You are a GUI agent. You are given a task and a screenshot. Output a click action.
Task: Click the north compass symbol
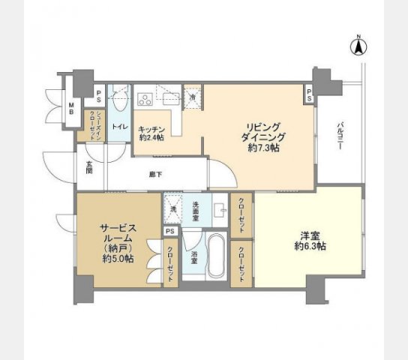(358, 46)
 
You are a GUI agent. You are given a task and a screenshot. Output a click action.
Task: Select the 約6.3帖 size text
(309, 247)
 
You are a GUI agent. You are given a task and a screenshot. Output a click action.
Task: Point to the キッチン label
(152, 128)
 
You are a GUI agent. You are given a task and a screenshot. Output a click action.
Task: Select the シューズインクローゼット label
(92, 122)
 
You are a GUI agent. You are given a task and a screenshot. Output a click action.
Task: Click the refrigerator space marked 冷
(192, 97)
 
